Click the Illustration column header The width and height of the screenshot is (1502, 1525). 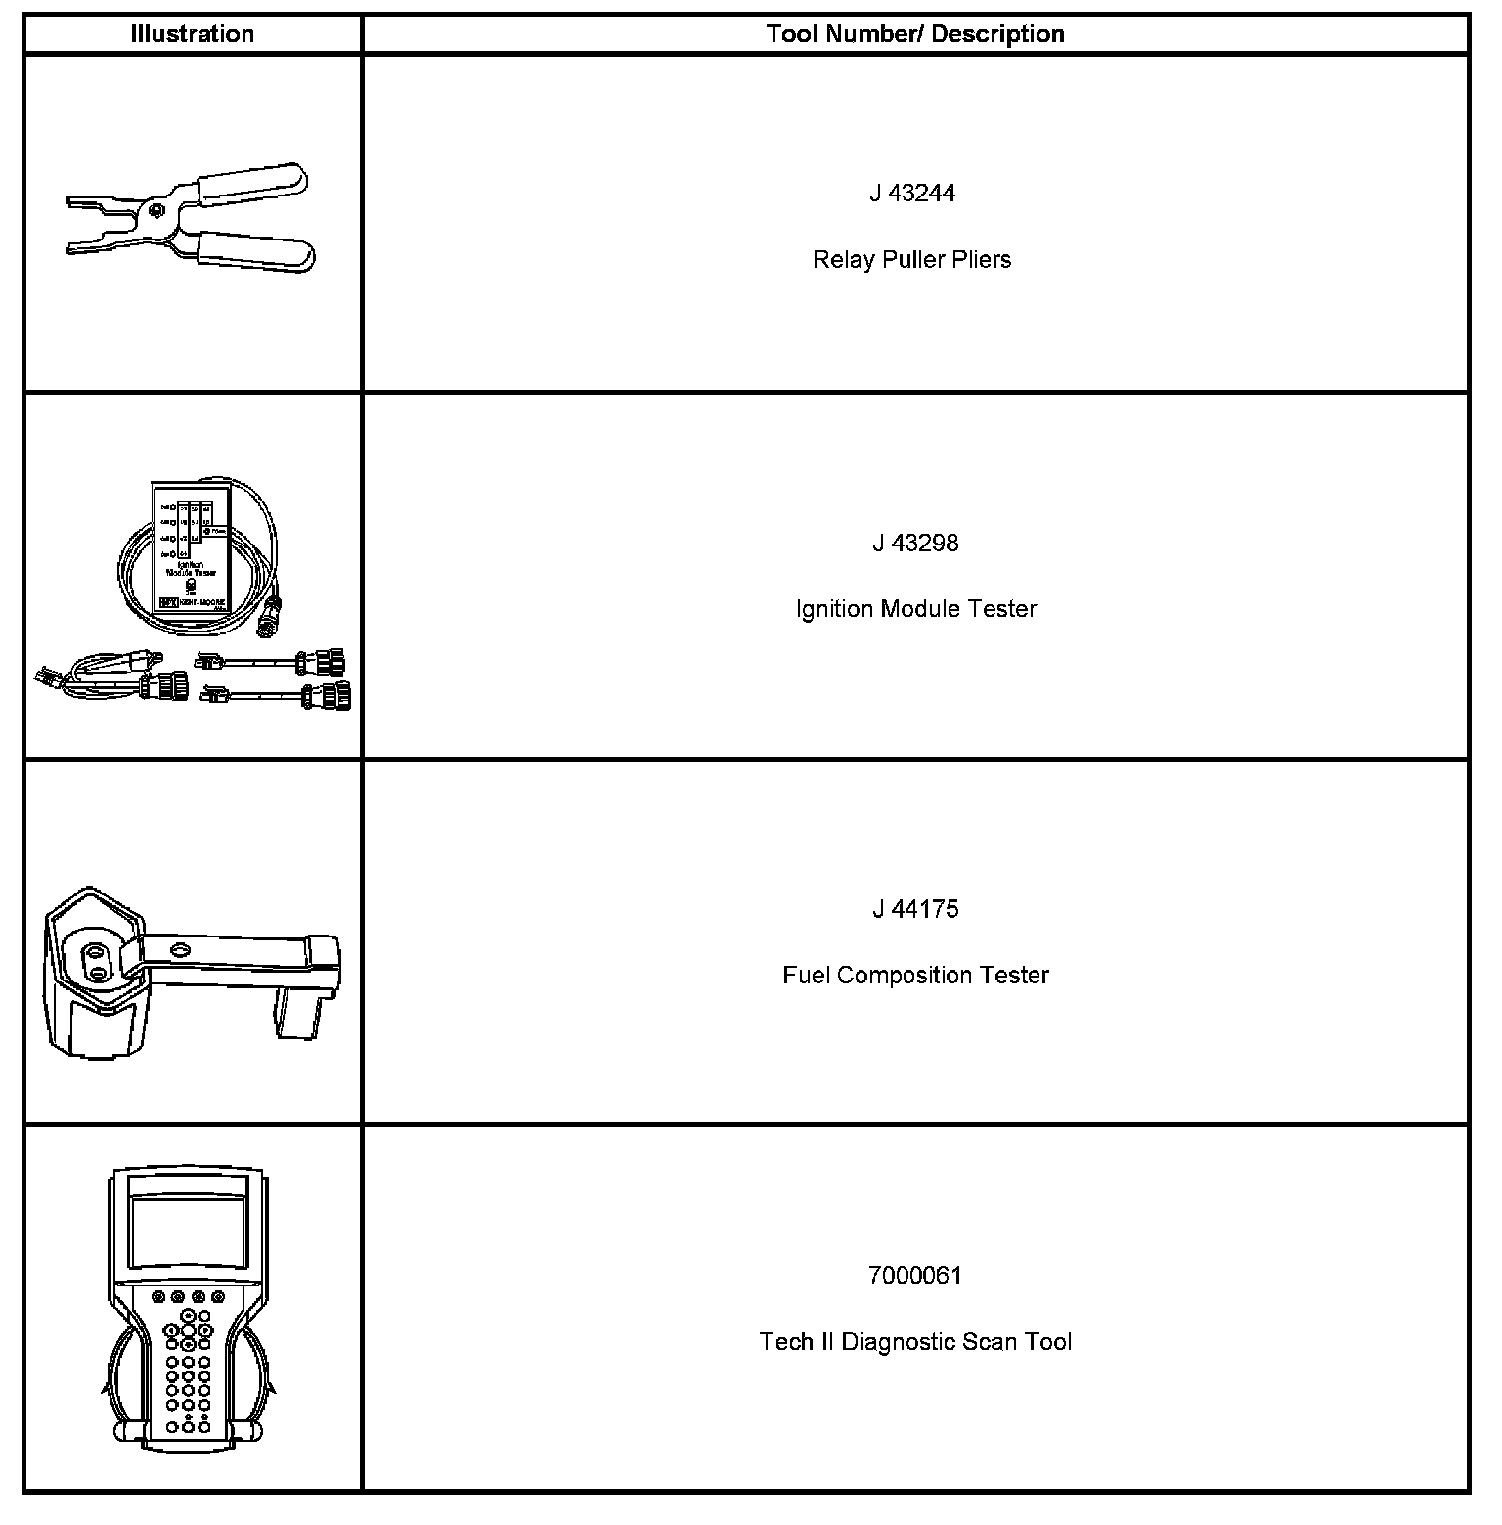click(192, 34)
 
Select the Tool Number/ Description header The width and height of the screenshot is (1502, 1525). click(915, 34)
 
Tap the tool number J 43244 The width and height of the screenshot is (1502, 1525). click(912, 194)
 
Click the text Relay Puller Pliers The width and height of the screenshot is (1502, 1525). click(911, 260)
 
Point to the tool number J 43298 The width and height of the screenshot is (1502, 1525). click(915, 543)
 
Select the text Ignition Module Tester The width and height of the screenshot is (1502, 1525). click(915, 609)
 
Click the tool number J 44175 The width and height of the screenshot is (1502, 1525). click(915, 909)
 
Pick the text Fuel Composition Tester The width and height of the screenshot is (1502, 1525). click(915, 976)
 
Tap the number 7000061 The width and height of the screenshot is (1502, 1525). click(915, 1276)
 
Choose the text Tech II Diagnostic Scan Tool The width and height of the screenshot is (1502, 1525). click(915, 1342)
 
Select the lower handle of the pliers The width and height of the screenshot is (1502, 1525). click(256, 253)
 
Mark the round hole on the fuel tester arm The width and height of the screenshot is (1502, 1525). click(179, 949)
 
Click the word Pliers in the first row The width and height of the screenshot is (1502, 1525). click(984, 260)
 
